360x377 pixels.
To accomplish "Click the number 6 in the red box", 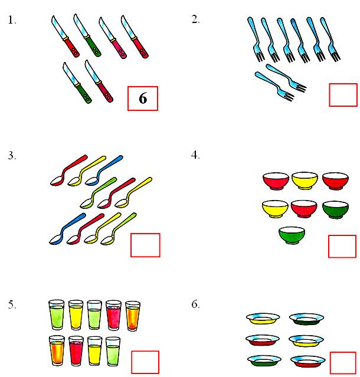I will click(143, 99).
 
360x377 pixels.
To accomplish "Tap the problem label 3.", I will click(12, 156).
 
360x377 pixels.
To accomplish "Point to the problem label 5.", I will click(12, 304).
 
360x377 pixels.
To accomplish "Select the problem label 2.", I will click(196, 19).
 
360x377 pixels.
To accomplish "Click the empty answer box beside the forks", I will click(343, 95).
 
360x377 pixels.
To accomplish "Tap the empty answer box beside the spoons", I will click(145, 245).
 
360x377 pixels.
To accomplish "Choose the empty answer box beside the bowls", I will click(342, 246).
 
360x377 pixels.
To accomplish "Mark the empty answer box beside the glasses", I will click(145, 362).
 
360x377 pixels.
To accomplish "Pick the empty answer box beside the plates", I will click(343, 363).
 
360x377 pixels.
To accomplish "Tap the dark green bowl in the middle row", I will click(336, 209).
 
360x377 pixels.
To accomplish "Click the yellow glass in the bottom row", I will click(95, 350).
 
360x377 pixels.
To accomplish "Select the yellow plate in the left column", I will click(262, 319).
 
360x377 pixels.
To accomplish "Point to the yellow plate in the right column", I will click(306, 340).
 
